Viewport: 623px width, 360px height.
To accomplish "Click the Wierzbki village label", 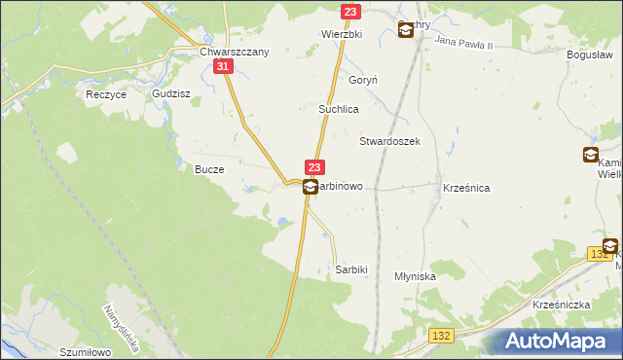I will (342, 33).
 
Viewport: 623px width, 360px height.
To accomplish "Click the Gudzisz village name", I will (170, 94).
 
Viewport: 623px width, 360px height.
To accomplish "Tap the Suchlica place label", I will (340, 110).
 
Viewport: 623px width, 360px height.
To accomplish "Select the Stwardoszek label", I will (389, 141).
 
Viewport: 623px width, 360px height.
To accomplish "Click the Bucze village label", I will (209, 169).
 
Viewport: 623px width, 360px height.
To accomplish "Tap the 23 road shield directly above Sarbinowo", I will (313, 168).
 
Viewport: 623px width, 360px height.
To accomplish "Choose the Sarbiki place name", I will (350, 269).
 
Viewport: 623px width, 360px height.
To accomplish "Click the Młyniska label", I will (415, 276).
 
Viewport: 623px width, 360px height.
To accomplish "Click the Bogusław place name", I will (589, 55).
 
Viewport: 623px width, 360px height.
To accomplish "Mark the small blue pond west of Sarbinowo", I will (281, 222).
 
